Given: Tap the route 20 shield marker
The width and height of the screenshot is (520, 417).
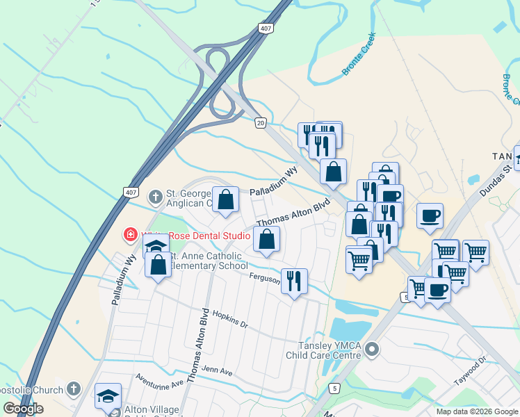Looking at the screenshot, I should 260,122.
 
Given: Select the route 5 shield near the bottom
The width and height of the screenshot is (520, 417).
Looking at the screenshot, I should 336,387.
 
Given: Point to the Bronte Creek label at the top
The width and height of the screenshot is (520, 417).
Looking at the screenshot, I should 359,54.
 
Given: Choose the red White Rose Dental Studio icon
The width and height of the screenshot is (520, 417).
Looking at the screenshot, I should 129,235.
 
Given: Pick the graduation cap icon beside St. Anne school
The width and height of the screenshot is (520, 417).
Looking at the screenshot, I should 156,246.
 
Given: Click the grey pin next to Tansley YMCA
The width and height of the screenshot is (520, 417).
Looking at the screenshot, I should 372,350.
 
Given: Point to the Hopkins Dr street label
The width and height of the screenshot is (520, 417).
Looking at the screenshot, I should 229,319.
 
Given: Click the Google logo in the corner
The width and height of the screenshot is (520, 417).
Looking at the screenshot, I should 23,409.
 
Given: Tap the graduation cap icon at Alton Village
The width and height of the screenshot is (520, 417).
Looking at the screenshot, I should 108,395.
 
